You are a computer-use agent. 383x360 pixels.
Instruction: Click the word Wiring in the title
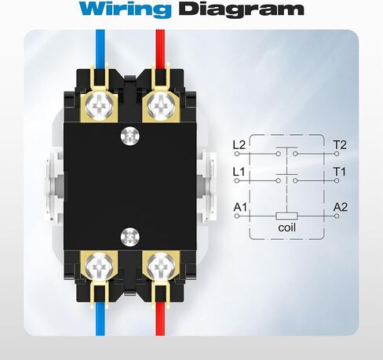pyautogui.click(x=126, y=9)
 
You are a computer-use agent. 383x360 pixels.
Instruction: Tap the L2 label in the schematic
pyautogui.click(x=239, y=145)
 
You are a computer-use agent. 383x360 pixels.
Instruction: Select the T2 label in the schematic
pyautogui.click(x=340, y=145)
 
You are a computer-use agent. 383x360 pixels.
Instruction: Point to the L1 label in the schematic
pyautogui.click(x=239, y=172)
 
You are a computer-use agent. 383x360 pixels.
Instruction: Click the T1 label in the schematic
pyautogui.click(x=339, y=172)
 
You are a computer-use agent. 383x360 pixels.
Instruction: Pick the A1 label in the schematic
pyautogui.click(x=240, y=207)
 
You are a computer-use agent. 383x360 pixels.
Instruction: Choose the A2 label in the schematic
pyautogui.click(x=341, y=207)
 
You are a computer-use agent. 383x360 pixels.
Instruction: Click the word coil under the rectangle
pyautogui.click(x=287, y=227)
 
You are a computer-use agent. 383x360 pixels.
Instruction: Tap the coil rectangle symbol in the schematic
pyautogui.click(x=286, y=216)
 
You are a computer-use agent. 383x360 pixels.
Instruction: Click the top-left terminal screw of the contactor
pyautogui.click(x=99, y=107)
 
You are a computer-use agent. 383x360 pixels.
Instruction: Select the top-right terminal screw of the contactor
pyautogui.click(x=161, y=107)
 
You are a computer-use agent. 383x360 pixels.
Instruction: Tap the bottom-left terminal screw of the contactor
pyautogui.click(x=99, y=266)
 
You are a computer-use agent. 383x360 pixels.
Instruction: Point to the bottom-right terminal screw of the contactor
pyautogui.click(x=161, y=266)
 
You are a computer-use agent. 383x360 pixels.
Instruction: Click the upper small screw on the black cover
pyautogui.click(x=130, y=136)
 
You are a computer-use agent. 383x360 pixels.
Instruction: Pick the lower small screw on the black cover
pyautogui.click(x=130, y=237)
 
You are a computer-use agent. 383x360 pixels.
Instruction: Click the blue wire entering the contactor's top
pyautogui.click(x=100, y=49)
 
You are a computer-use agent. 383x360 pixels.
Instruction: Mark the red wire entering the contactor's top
pyautogui.click(x=160, y=49)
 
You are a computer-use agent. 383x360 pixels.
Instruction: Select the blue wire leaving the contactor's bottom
pyautogui.click(x=100, y=319)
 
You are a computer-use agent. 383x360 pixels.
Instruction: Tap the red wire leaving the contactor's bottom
pyautogui.click(x=160, y=319)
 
